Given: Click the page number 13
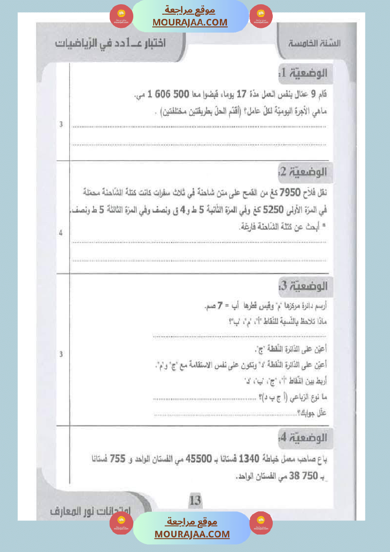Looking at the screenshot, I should coord(195,500).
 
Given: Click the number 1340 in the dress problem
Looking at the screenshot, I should coord(251,459).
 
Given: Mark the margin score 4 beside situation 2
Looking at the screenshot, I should coord(61,234).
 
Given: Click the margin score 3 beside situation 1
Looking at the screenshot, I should coord(61,125).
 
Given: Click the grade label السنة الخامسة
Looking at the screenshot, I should coord(315,43).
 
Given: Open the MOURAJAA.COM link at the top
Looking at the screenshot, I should coord(190,22).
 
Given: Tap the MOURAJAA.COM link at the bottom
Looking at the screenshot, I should coord(192,534).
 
